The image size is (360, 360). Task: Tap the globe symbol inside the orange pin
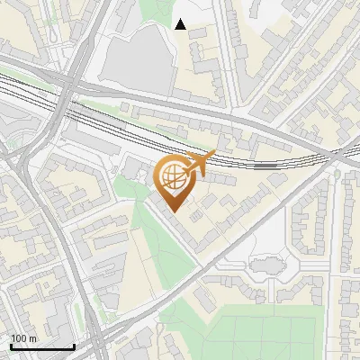click(173, 176)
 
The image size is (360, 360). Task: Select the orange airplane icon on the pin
click(202, 163)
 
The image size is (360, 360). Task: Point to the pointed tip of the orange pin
click(173, 213)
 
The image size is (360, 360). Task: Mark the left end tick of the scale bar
click(11, 346)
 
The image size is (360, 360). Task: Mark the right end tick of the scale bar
click(74, 346)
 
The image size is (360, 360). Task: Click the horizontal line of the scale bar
click(42, 347)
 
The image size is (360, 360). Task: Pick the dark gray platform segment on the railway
click(265, 166)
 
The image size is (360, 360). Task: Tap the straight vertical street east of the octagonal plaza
click(329, 261)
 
